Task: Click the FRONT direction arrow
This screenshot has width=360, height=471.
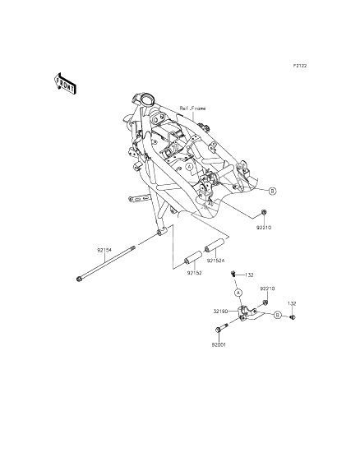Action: click(x=65, y=82)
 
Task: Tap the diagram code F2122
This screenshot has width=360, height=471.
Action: click(x=300, y=66)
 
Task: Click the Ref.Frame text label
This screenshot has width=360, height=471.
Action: click(x=193, y=109)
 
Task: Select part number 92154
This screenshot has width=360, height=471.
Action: click(x=104, y=250)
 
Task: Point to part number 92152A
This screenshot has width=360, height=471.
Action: click(x=215, y=261)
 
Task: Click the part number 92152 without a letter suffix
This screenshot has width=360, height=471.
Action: click(x=195, y=273)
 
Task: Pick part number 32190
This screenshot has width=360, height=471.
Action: click(x=220, y=312)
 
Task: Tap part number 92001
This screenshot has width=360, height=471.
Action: click(x=218, y=345)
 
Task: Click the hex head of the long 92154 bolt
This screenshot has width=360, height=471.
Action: click(x=79, y=279)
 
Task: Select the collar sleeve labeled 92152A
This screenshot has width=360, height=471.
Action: click(x=215, y=245)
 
